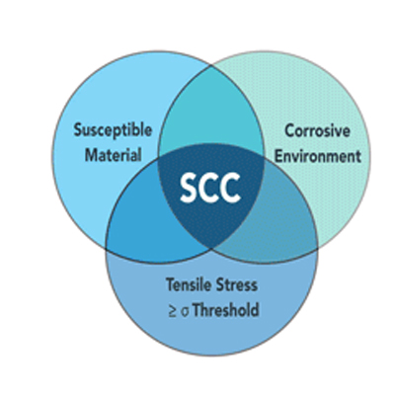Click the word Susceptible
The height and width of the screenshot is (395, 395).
pyautogui.click(x=113, y=130)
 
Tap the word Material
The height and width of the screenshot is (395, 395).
pyautogui.click(x=114, y=155)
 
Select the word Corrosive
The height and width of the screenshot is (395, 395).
pyautogui.click(x=317, y=130)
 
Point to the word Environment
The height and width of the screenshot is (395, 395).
pyautogui.click(x=318, y=156)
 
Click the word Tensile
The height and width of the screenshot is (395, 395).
pyautogui.click(x=189, y=284)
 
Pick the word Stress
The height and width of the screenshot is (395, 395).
pyautogui.click(x=236, y=285)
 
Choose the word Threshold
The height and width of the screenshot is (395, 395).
pyautogui.click(x=226, y=310)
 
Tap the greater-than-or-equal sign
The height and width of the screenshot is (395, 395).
pyautogui.click(x=173, y=311)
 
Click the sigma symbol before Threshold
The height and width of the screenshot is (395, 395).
pyautogui.click(x=185, y=312)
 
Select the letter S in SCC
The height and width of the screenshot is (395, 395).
pyautogui.click(x=190, y=188)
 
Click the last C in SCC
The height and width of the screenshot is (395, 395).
pyautogui.click(x=231, y=188)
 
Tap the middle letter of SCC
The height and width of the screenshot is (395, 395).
pyautogui.click(x=210, y=188)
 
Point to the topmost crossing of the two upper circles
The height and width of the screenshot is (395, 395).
pyautogui.click(x=211, y=66)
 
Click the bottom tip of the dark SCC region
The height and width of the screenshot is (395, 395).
pyautogui.click(x=211, y=249)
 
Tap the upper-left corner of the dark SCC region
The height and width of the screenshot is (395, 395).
pyautogui.click(x=159, y=157)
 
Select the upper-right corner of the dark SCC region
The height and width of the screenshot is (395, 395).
pyautogui.click(x=264, y=156)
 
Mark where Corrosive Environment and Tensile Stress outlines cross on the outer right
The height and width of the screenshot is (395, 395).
pyautogui.click(x=318, y=249)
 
